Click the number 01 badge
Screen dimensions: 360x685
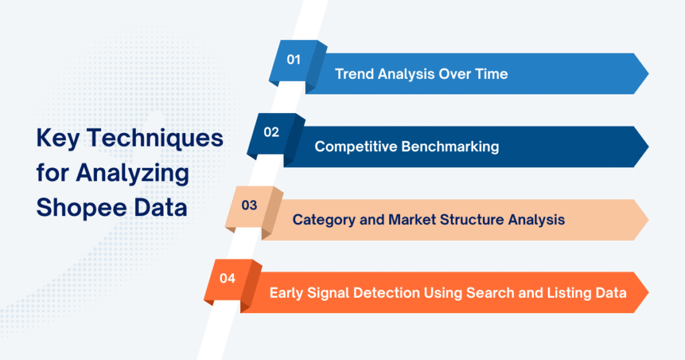coord(294,60)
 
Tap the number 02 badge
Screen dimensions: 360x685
coord(271,132)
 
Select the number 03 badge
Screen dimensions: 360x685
coord(249,205)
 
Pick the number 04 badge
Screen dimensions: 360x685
coord(227,278)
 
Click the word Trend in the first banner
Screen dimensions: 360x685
coord(354,74)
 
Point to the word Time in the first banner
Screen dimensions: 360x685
coord(492,74)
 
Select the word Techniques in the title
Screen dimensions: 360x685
coord(156,139)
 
